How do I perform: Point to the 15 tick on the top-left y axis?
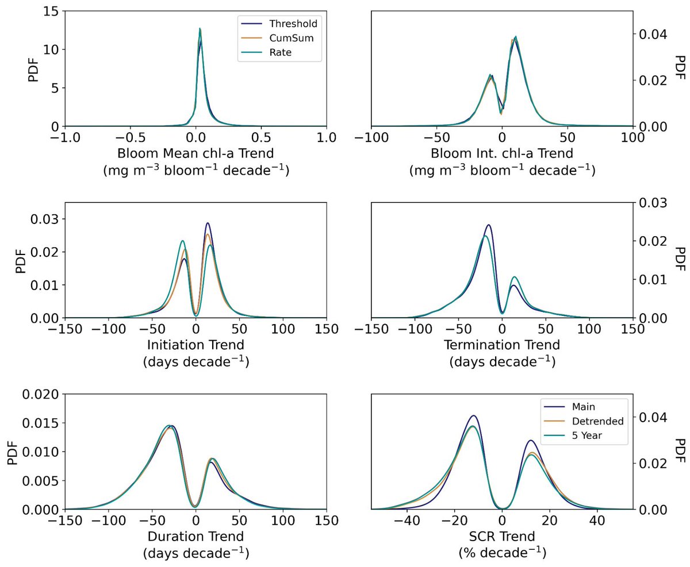pyautogui.click(x=48, y=11)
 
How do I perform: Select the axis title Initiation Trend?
pyautogui.click(x=195, y=345)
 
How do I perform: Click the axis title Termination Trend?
pyautogui.click(x=502, y=345)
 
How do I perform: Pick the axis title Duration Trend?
pyautogui.click(x=195, y=537)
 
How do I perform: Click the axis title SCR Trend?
pyautogui.click(x=502, y=537)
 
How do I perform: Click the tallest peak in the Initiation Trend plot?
pyautogui.click(x=208, y=223)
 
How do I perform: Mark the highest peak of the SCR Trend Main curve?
pyautogui.click(x=473, y=415)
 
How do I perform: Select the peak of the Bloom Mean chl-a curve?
pyautogui.click(x=200, y=29)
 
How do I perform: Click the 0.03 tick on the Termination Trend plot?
pyautogui.click(x=653, y=203)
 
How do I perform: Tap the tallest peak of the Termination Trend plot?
pyautogui.click(x=488, y=225)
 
